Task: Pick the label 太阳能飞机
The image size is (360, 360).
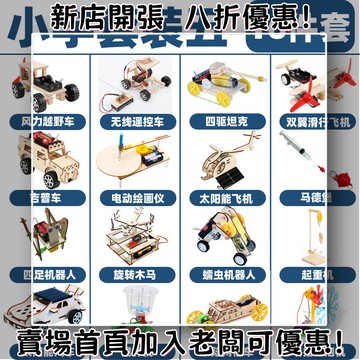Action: (223, 198)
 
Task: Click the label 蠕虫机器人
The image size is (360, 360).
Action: (223, 273)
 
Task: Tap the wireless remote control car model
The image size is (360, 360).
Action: (138, 80)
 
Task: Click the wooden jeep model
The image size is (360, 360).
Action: (45, 160)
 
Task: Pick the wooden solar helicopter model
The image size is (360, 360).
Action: (223, 160)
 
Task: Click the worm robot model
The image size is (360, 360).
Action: (223, 240)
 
